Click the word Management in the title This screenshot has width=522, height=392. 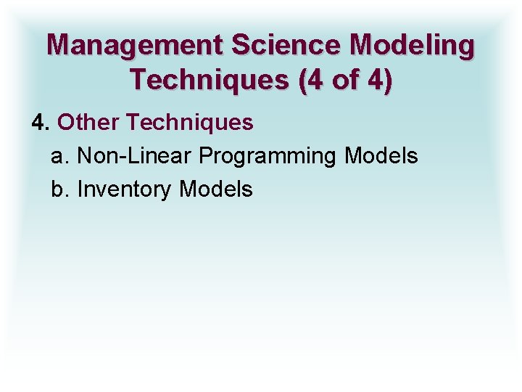click(x=135, y=45)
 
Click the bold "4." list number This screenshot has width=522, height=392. click(x=40, y=123)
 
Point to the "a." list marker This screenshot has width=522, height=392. click(x=60, y=156)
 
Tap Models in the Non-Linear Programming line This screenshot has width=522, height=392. click(x=381, y=156)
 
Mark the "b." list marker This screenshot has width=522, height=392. click(x=60, y=189)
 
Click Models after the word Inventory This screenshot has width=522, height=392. click(x=216, y=189)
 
